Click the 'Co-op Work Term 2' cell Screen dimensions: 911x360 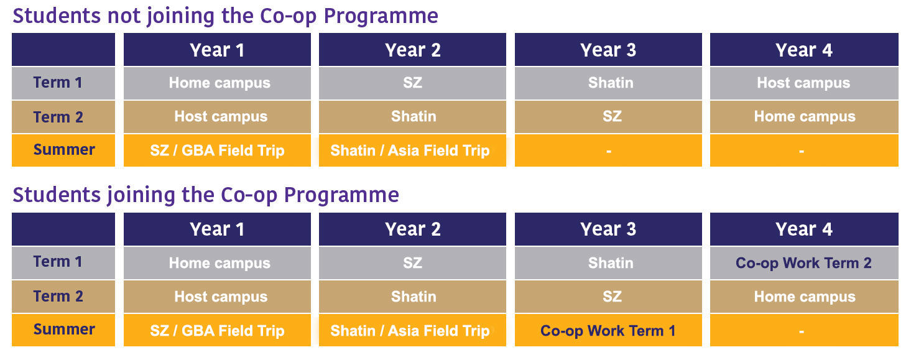pyautogui.click(x=803, y=263)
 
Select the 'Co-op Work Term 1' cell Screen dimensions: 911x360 pyautogui.click(x=608, y=331)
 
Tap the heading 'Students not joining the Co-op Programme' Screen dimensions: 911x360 pyautogui.click(x=225, y=16)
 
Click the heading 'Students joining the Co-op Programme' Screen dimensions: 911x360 pyautogui.click(x=206, y=195)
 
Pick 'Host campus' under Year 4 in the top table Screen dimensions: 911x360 pyautogui.click(x=803, y=83)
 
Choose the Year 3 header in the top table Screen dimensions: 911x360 pyautogui.click(x=608, y=50)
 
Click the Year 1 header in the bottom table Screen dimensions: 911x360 pyautogui.click(x=217, y=229)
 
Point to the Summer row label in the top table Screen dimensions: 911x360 pyautogui.click(x=64, y=150)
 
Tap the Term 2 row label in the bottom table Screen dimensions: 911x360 pyautogui.click(x=58, y=296)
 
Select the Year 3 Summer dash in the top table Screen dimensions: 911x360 pyautogui.click(x=608, y=151)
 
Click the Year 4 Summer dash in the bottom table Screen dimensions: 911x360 pyautogui.click(x=801, y=331)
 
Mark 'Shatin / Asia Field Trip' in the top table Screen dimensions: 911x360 pyautogui.click(x=410, y=150)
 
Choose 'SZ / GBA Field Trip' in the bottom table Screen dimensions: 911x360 pyautogui.click(x=217, y=331)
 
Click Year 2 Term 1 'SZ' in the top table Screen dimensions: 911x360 pyautogui.click(x=412, y=83)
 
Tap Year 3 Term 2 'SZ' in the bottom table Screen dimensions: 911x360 pyautogui.click(x=612, y=296)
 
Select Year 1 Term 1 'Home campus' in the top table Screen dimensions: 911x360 pyautogui.click(x=220, y=83)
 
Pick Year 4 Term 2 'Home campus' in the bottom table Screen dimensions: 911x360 pyautogui.click(x=805, y=297)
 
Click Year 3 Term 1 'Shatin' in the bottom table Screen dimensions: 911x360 pyautogui.click(x=611, y=263)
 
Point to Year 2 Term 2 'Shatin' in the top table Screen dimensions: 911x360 pyautogui.click(x=414, y=116)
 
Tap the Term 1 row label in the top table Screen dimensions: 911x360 pyautogui.click(x=58, y=83)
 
